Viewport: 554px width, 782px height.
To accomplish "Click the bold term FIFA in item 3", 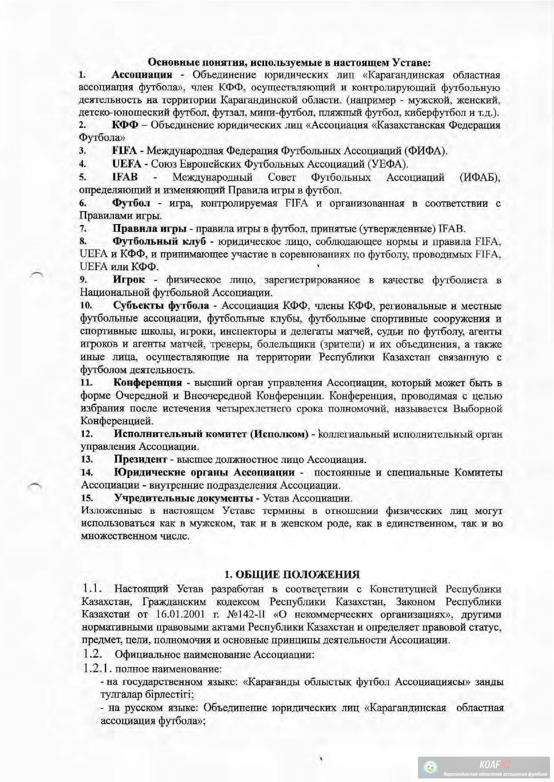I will [x=124, y=151].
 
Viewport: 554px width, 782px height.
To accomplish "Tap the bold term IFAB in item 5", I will [x=125, y=177].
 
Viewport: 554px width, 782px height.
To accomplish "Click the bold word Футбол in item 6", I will [x=131, y=203].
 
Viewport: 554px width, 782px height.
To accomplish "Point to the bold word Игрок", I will [x=129, y=279].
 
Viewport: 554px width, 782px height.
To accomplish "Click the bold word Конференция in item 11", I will [x=148, y=382].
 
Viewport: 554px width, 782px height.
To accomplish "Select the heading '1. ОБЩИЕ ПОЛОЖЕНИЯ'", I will [x=292, y=574].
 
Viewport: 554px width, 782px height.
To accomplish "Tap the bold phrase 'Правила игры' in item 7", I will [x=149, y=229].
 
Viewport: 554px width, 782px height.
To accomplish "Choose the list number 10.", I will [x=86, y=306].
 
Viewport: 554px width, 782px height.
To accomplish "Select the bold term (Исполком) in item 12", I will [x=278, y=434].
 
